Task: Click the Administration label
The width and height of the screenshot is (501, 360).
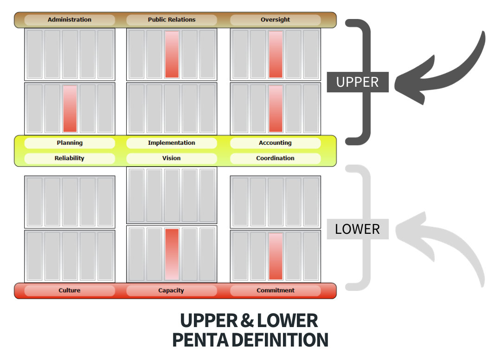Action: (x=70, y=20)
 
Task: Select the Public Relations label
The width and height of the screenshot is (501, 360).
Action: (x=172, y=20)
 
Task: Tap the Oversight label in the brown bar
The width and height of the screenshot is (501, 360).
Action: (x=275, y=20)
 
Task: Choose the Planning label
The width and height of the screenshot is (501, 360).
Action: (x=70, y=143)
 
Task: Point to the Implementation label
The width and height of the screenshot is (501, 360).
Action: (x=172, y=143)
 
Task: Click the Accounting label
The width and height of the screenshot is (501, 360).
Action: (x=275, y=143)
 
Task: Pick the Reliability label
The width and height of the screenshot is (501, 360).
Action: (x=70, y=158)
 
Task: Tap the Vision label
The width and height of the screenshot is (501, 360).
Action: (x=172, y=158)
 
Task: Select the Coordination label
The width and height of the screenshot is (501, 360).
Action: (x=275, y=158)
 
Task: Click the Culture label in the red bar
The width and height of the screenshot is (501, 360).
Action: (x=70, y=290)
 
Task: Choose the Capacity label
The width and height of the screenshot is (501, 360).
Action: (x=172, y=290)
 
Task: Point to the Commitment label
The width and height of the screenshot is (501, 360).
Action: (x=275, y=290)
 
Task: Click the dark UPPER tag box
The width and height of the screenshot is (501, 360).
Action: (x=357, y=82)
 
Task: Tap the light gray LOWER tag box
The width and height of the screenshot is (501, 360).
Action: (x=357, y=229)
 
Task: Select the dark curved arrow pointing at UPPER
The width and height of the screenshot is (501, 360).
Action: (x=445, y=74)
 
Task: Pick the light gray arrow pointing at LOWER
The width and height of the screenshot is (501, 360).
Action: (x=445, y=241)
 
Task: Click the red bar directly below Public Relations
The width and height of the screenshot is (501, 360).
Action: (x=172, y=54)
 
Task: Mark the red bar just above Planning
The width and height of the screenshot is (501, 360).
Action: (x=70, y=109)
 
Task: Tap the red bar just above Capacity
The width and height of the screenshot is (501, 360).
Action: (x=172, y=254)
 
